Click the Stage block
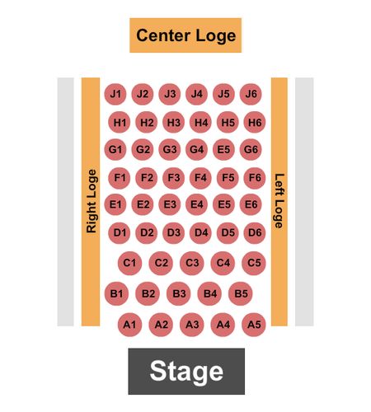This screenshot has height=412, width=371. (x=186, y=371)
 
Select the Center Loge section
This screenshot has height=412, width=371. (x=185, y=35)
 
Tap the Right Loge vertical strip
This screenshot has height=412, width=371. (x=91, y=202)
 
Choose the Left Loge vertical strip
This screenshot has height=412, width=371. (x=279, y=202)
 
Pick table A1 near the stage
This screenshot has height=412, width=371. (x=129, y=325)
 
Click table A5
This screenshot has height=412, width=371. (x=254, y=325)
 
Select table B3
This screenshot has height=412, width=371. (x=179, y=293)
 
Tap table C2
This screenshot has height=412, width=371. (x=161, y=263)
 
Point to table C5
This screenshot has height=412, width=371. (x=254, y=263)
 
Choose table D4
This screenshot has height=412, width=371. (x=200, y=233)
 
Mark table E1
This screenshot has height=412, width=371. (x=115, y=204)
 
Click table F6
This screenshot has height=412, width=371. (x=255, y=178)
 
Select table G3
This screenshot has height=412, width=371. (x=170, y=149)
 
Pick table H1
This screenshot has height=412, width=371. (x=120, y=122)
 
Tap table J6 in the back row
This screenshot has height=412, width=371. (x=251, y=94)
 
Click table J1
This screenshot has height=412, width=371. (x=115, y=94)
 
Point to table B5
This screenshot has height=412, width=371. (x=241, y=293)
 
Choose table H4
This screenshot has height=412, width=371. (x=200, y=122)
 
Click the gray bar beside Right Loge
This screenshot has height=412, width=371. (x=65, y=202)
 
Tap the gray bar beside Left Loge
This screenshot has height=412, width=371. (x=304, y=202)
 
